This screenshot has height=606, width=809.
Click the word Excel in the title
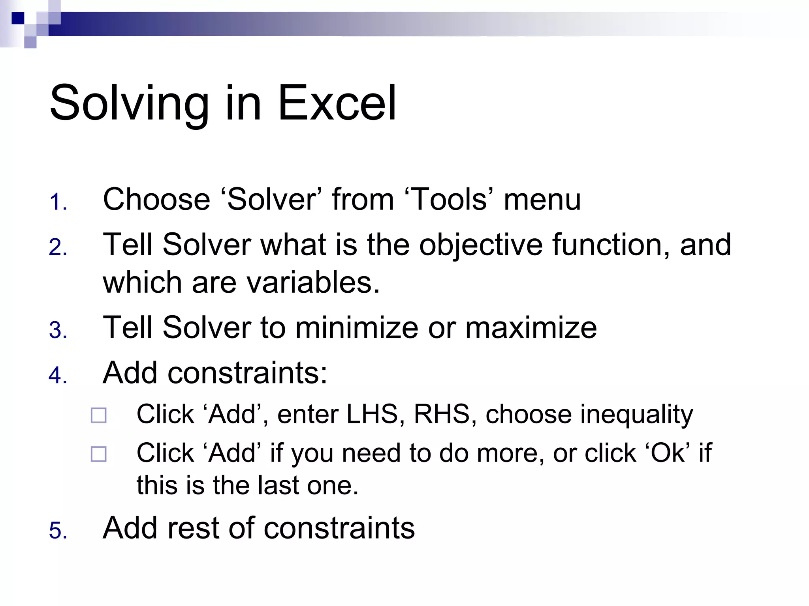[x=337, y=103]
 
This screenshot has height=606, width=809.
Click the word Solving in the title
[x=129, y=103]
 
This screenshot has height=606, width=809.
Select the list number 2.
[x=57, y=248]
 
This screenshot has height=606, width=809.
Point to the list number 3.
[x=57, y=330]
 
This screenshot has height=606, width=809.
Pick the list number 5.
[x=57, y=530]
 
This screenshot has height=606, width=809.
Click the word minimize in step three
[x=356, y=328]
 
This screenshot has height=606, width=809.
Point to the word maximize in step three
[x=531, y=328]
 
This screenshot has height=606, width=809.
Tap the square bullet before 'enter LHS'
[x=99, y=415]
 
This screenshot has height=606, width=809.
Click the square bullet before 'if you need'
[x=99, y=454]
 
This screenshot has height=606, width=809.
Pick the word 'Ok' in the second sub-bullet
[x=668, y=453]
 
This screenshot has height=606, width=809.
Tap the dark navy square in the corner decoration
[x=18, y=18]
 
